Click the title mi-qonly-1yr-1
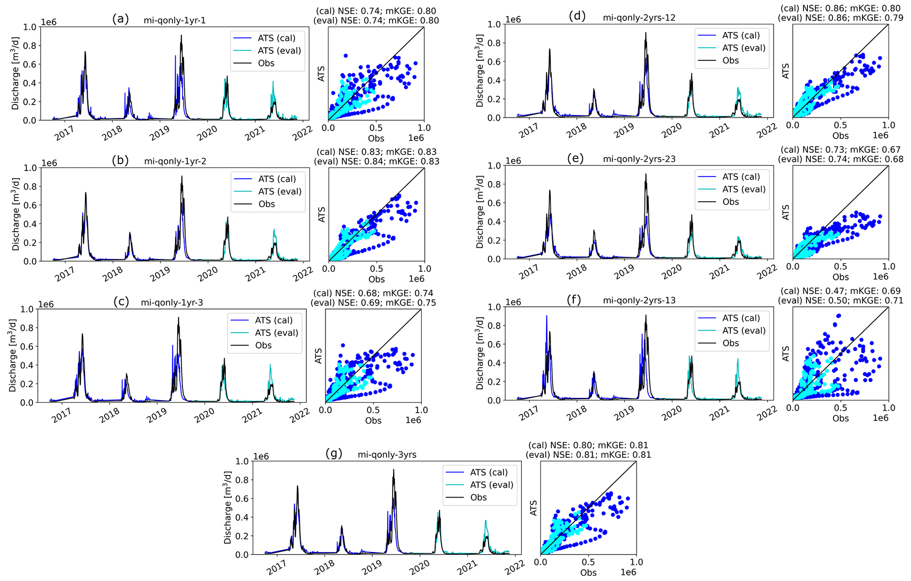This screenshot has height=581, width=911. pos(175,21)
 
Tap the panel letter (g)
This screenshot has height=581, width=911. pos(334,454)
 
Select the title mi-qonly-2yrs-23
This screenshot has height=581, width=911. pos(639,159)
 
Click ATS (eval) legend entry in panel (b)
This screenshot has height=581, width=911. pos(279,191)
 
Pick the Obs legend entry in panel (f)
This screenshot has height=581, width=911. pos(730,343)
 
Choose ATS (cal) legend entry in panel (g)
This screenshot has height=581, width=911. pos(489,472)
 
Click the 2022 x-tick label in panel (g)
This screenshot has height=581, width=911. pos(515,566)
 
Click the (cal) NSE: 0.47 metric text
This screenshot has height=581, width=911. pos(840,291)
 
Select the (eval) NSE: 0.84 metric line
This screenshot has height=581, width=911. pos(376,161)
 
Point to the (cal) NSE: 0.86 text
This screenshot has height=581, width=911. pos(840,9)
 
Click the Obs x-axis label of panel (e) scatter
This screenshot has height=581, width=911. pos(840,277)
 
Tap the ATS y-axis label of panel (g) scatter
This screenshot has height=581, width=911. pos(533,508)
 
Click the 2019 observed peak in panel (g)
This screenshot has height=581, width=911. pos(394,470)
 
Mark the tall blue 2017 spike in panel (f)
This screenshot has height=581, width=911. pos(547,316)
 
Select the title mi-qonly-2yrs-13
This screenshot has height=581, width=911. pos(639,300)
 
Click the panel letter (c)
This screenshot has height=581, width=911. pos(121,302)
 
